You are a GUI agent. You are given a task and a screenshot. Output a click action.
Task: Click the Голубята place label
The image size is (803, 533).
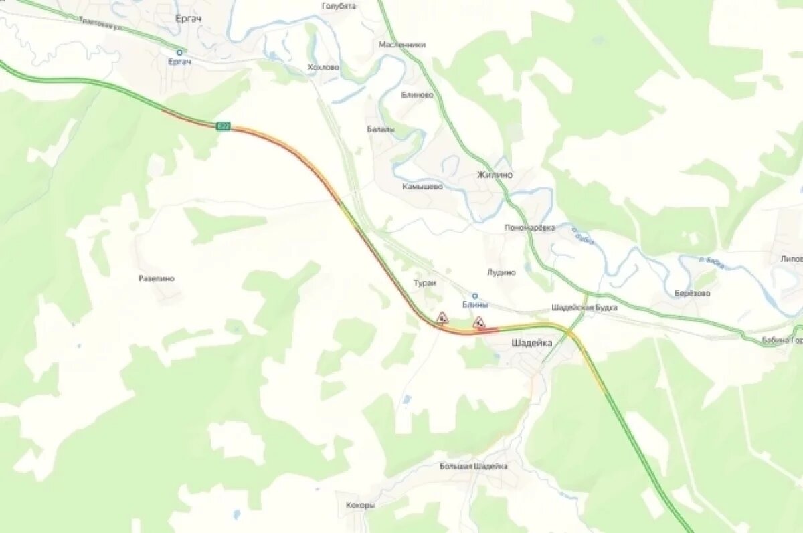(339, 6)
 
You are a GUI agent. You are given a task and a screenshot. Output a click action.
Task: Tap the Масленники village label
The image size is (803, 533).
(402, 45)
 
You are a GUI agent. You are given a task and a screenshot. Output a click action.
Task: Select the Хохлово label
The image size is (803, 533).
(323, 68)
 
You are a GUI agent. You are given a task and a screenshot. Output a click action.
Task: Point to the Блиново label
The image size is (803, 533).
(417, 95)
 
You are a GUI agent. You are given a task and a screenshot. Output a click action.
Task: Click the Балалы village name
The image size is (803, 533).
(381, 128)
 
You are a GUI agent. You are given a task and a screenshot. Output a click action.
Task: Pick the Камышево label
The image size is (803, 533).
(422, 187)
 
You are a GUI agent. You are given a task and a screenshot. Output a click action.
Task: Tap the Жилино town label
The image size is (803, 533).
(495, 175)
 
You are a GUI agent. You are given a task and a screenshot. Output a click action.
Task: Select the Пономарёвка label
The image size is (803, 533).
(529, 227)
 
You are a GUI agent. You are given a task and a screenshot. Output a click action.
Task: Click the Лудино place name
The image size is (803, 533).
(501, 272)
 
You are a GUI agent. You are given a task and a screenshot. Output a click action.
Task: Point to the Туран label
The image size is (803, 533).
(424, 284)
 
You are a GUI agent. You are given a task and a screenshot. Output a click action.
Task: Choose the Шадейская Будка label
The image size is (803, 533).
(584, 308)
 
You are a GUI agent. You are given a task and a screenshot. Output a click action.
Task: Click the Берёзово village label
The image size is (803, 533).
(692, 293)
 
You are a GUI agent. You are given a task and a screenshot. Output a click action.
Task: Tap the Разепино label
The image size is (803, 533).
(156, 278)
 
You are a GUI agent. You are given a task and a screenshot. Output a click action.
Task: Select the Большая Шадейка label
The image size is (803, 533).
(473, 466)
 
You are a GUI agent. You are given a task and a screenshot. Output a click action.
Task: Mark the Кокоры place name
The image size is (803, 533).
(360, 505)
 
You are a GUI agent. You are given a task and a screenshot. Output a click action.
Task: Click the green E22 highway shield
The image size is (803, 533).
(223, 126)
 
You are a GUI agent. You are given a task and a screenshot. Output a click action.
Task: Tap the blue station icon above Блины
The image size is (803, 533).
(475, 295)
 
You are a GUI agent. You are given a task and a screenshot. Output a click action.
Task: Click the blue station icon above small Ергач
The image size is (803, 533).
(179, 51)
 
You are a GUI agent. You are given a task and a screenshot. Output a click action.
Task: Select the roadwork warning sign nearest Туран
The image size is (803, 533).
(442, 317)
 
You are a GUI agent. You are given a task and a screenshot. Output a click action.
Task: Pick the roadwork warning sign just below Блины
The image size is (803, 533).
(478, 323)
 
